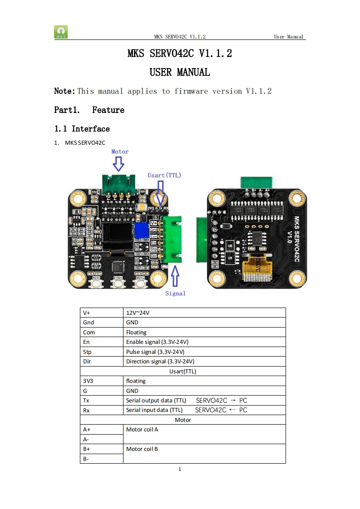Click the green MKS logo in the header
(x=61, y=32)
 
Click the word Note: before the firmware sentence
(x=64, y=91)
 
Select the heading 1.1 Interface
(x=82, y=129)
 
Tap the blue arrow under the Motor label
(x=119, y=164)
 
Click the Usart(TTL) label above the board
(x=164, y=175)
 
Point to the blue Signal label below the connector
(x=175, y=294)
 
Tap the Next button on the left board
(x=96, y=284)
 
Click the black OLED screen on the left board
(x=117, y=236)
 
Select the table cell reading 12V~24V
(x=138, y=313)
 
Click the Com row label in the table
(x=89, y=332)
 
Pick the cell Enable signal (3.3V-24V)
(x=155, y=342)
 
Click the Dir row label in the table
(x=87, y=362)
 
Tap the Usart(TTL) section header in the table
(x=182, y=371)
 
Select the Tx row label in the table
(x=86, y=401)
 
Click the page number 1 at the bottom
(x=180, y=469)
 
